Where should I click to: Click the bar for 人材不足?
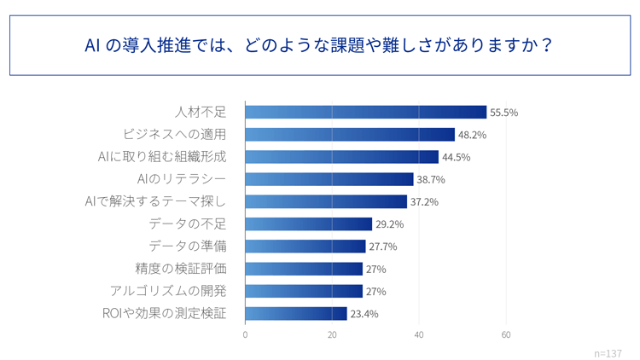click(365, 112)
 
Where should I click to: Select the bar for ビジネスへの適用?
click(350, 135)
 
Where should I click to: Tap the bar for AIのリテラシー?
click(329, 179)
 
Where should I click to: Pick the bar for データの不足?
click(308, 224)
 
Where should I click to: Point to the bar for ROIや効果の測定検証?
click(295, 313)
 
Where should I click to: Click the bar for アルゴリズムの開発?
click(304, 291)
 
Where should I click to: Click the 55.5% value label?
click(503, 113)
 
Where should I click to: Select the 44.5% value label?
click(456, 157)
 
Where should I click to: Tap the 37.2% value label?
click(424, 202)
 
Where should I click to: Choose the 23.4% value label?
click(364, 314)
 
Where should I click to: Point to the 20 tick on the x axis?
click(332, 335)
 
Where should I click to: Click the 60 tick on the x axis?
click(506, 335)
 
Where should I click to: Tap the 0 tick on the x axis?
click(245, 335)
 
